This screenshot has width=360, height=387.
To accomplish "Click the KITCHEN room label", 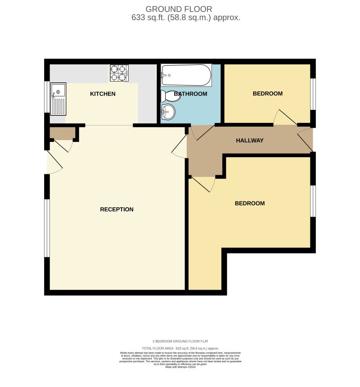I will (103, 94).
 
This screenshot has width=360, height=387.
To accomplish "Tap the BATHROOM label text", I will (191, 94).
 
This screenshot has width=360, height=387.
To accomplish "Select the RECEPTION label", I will (117, 209).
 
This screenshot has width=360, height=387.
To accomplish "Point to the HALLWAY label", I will (250, 141).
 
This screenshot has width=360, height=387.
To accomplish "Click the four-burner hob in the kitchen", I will (119, 73).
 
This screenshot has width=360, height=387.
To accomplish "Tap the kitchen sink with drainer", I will (58, 98).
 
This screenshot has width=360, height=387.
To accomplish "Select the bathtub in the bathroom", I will (186, 75).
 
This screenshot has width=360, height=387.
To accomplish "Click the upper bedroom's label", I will (267, 94).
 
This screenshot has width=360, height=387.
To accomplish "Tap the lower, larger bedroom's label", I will (250, 203).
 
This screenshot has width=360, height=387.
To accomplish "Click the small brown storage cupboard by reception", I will (62, 133).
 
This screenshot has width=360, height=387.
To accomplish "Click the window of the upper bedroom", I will (313, 94).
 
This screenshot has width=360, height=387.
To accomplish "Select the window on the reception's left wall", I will (46, 228).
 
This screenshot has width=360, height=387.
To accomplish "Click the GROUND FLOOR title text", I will (179, 9).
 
